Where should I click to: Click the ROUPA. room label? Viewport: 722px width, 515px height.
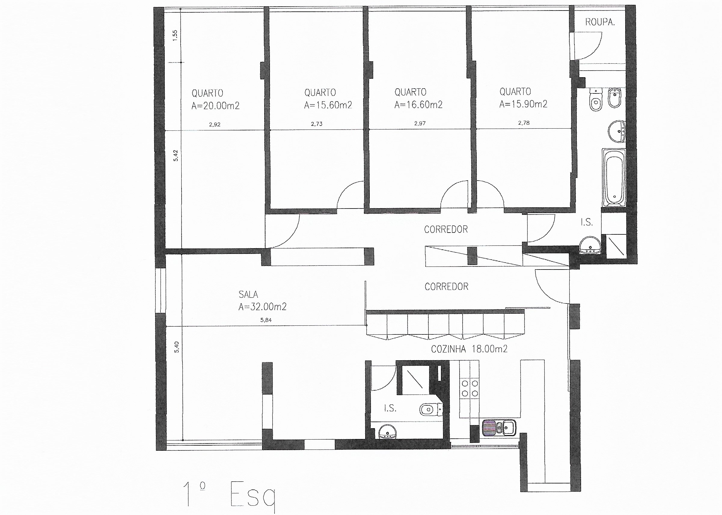click(600, 22)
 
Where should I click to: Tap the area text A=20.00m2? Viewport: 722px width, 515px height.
click(216, 105)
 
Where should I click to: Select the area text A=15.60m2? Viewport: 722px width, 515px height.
click(328, 105)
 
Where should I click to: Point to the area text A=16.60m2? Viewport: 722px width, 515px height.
click(418, 105)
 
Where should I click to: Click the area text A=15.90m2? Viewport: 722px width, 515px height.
click(523, 104)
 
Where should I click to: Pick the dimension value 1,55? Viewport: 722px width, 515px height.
click(175, 35)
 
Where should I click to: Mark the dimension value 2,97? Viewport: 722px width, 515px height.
click(420, 123)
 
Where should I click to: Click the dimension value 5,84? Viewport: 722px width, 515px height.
click(266, 320)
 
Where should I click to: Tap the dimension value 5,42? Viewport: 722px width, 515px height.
click(176, 155)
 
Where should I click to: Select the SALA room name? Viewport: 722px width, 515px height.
click(248, 294)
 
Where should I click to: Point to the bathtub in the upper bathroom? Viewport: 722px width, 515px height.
click(614, 178)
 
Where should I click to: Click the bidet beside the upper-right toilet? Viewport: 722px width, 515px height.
click(614, 98)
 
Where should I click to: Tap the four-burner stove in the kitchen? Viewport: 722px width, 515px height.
click(470, 389)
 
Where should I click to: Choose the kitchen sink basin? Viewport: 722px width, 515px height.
click(509, 428)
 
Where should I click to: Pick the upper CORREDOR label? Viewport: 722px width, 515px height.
click(446, 229)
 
